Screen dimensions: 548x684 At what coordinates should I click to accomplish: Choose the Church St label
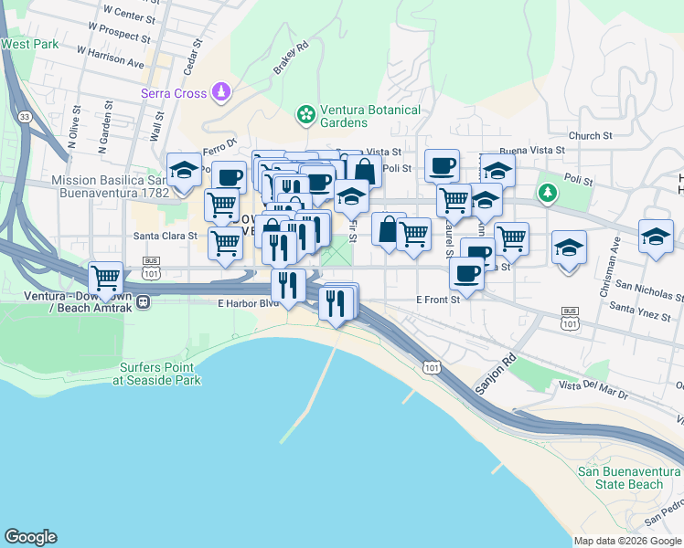click(x=590, y=136)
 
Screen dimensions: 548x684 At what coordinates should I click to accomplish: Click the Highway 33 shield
click(x=24, y=117)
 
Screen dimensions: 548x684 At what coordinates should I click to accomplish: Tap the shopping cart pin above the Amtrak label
click(x=105, y=278)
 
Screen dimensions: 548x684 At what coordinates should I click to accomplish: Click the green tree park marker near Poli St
click(x=547, y=192)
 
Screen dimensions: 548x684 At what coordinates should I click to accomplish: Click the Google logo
click(x=30, y=537)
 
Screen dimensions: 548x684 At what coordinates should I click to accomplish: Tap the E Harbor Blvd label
click(x=247, y=303)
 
